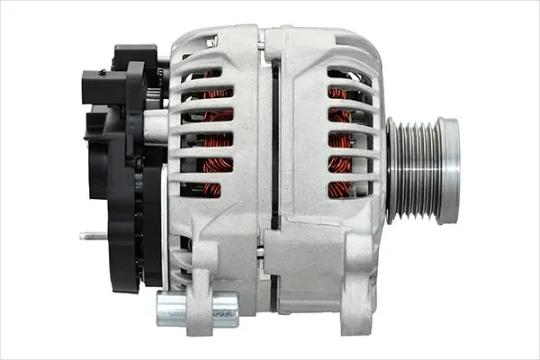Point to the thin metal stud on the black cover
click(x=93, y=236)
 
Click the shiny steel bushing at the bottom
click(x=197, y=309)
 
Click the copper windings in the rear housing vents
click(x=214, y=139)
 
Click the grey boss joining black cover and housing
click(x=156, y=126)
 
